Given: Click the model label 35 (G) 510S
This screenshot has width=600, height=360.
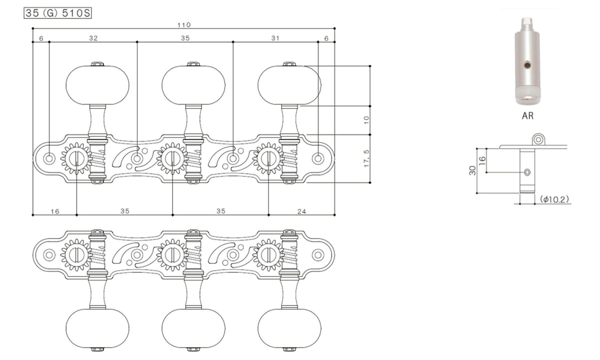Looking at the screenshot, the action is point(57,13).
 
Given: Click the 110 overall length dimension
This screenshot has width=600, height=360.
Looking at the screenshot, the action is point(184,25).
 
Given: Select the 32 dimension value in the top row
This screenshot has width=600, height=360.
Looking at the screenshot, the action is point(93,38).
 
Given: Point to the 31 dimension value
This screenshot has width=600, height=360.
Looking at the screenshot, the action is point(275,38).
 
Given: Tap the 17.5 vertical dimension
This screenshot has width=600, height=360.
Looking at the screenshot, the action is point(366,158).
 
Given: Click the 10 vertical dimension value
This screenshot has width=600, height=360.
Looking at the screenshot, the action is point(366,119).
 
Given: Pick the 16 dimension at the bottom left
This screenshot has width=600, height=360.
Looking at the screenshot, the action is point(55,211).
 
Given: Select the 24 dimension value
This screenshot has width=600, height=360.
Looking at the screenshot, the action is point(301,211).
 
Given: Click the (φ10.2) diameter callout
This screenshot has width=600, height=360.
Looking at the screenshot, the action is point(554,199).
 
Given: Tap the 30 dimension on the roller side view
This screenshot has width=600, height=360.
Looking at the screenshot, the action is point(473,170).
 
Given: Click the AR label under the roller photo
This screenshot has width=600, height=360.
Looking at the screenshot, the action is point(527,115).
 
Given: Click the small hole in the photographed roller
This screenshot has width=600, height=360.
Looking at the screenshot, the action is point(527,64).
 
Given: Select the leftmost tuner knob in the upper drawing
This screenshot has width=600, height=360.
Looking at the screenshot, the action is point(97,85).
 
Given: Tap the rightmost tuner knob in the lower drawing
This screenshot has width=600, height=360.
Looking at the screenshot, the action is point(289,328).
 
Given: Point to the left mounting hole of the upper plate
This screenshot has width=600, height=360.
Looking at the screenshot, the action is point(49,158).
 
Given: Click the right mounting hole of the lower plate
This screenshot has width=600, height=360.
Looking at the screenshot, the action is point(318,254).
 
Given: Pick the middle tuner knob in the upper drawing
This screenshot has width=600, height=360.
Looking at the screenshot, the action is point(193,85).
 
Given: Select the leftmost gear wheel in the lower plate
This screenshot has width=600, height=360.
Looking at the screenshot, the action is point(76,254).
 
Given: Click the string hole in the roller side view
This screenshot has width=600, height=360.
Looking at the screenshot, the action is point(527,172).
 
